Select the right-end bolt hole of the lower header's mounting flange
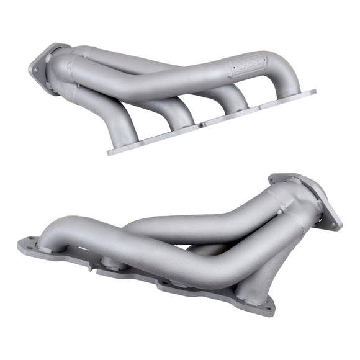[x=268, y=306]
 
